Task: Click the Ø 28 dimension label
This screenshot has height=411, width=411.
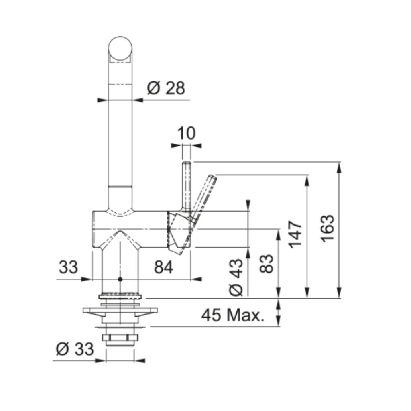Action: tap(166, 88)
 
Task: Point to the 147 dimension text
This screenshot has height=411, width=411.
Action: tap(295, 234)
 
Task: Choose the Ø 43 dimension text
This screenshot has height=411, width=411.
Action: tap(236, 277)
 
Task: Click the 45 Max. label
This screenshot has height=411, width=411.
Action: tap(233, 316)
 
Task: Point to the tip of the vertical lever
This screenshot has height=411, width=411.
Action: tap(187, 164)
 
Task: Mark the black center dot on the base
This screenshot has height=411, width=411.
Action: tap(120, 279)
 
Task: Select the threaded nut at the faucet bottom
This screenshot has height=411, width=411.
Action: tap(120, 340)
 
